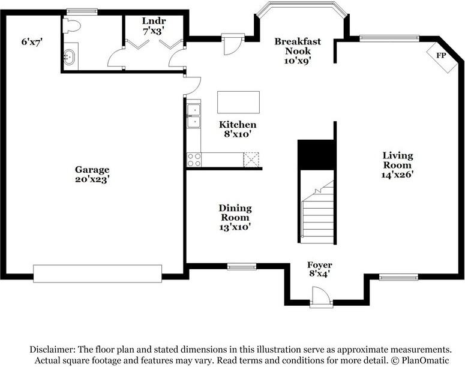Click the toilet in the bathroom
(72, 26)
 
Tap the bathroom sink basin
(70, 57)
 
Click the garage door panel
(98, 273)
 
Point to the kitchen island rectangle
(238, 103)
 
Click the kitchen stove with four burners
(194, 160)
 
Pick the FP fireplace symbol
(442, 57)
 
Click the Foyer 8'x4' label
(319, 269)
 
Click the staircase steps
(317, 212)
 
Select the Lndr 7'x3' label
(154, 26)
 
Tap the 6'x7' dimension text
(32, 42)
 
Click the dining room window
(242, 267)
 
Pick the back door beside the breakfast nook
(233, 44)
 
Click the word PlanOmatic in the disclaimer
(425, 360)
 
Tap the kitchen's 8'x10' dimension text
(238, 134)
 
